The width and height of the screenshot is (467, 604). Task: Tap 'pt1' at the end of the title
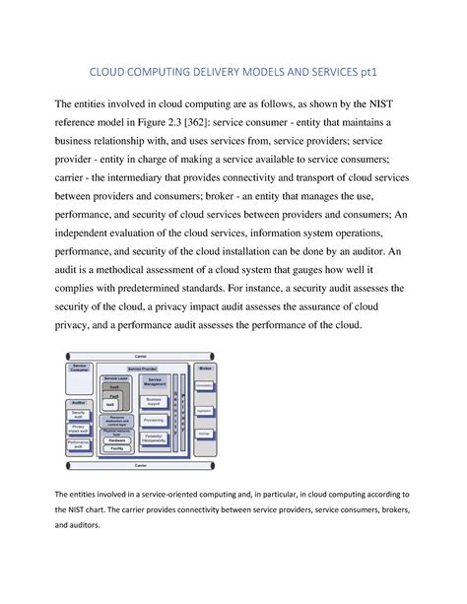(365, 72)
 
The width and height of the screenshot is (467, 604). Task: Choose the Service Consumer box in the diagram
(81, 369)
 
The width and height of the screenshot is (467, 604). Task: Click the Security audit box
(80, 415)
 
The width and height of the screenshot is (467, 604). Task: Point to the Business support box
(154, 402)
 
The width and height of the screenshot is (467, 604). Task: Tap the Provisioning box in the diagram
(154, 418)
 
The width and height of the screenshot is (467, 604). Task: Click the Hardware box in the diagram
(117, 440)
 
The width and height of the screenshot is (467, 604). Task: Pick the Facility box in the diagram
(117, 448)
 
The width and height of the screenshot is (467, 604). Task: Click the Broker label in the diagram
(205, 368)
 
